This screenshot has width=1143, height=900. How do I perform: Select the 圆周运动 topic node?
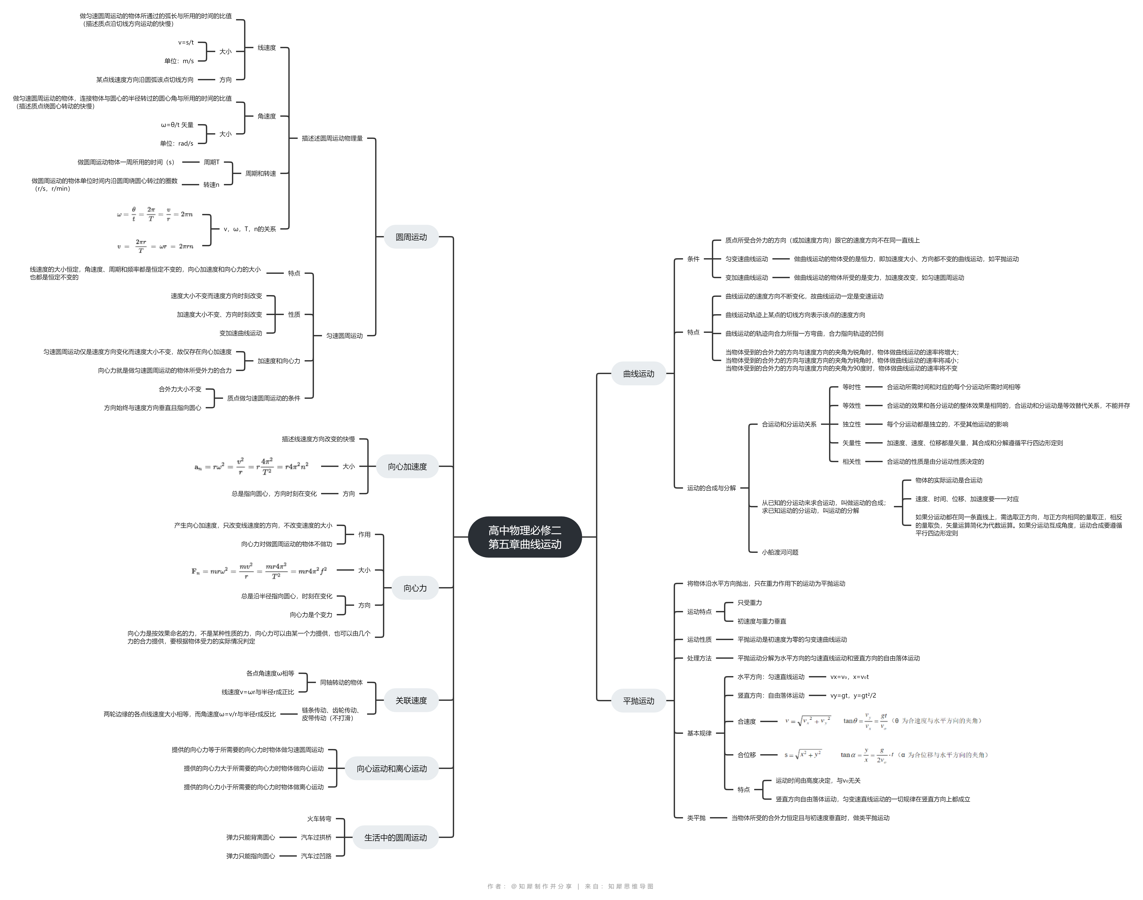click(411, 237)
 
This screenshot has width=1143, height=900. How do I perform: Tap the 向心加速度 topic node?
click(407, 466)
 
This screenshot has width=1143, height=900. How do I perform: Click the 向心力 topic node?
click(415, 588)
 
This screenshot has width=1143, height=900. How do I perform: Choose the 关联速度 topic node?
click(411, 700)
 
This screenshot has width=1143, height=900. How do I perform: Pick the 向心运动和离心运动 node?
click(392, 768)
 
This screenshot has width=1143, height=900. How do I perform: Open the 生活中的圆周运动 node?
click(395, 837)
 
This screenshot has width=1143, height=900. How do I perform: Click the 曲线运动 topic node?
click(639, 374)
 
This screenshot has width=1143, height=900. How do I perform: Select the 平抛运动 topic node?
click(639, 701)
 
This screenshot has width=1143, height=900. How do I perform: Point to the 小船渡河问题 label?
click(780, 552)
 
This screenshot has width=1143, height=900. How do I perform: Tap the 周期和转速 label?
click(260, 173)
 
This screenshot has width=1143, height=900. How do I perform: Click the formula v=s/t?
click(186, 42)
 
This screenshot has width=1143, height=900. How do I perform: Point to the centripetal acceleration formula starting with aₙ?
click(251, 466)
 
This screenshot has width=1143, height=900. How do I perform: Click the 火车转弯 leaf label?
click(319, 819)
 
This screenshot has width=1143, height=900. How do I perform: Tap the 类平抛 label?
click(696, 818)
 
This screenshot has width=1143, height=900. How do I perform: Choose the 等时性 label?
click(852, 387)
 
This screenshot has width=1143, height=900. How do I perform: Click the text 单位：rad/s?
click(177, 143)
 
